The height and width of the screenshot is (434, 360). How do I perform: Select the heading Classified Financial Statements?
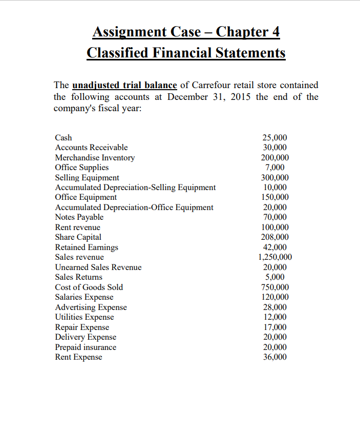point(186,53)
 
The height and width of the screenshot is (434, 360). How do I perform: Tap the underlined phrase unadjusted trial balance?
point(125,85)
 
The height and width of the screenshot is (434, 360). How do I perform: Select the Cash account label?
point(63,138)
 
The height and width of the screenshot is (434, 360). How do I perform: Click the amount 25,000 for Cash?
point(274,138)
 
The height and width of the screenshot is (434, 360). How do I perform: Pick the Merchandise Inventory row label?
point(95,158)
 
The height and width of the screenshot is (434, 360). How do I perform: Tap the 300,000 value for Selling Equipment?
point(274,178)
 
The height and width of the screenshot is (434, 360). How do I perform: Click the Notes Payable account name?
point(79,217)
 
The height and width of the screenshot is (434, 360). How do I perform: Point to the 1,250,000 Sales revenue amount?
point(274,257)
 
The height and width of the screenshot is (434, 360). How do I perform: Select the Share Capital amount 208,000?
point(274,237)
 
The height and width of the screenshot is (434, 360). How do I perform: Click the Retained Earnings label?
point(87,247)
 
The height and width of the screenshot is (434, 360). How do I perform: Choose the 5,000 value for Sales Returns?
point(274,277)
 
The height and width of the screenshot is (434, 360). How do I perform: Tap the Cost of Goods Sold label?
point(89,287)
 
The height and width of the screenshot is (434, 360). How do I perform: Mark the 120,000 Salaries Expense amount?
point(274,297)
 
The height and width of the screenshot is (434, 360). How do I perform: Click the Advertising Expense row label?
point(91,307)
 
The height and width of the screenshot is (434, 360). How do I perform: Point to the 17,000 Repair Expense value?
point(274,327)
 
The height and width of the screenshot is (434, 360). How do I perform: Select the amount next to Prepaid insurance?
point(274,347)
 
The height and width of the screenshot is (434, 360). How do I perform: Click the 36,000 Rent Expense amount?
point(274,358)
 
